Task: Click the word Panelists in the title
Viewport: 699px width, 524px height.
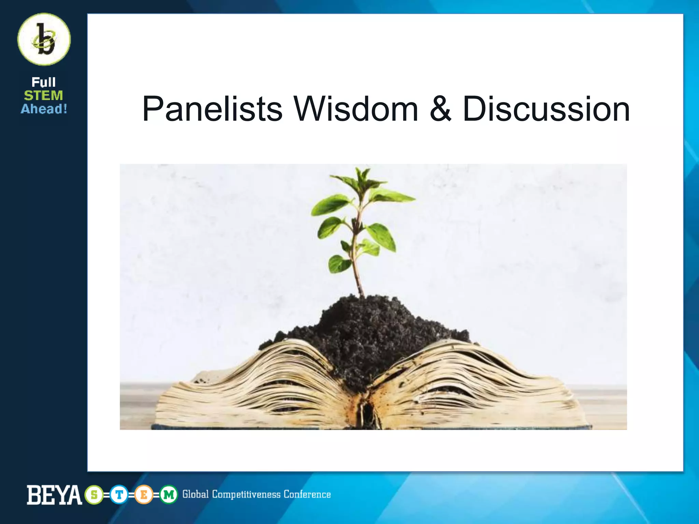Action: click(x=212, y=109)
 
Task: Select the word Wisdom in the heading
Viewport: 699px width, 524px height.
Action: click(x=356, y=109)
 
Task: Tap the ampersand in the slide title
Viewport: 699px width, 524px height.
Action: click(x=440, y=109)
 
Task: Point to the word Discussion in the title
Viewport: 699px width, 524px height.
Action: click(x=546, y=109)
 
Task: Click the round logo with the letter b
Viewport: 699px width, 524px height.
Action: click(x=44, y=39)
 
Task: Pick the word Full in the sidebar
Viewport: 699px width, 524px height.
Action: click(x=44, y=82)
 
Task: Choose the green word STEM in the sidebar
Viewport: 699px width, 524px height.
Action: click(x=44, y=96)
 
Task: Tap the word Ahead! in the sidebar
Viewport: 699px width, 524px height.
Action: click(x=44, y=109)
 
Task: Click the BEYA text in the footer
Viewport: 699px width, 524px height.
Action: click(x=54, y=495)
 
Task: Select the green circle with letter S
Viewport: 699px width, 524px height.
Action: click(x=94, y=495)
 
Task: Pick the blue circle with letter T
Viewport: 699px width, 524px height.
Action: click(x=119, y=495)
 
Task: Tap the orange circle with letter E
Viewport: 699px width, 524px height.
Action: click(x=144, y=495)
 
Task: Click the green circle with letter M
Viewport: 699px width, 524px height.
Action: click(x=169, y=495)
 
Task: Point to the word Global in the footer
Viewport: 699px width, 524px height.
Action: click(x=195, y=494)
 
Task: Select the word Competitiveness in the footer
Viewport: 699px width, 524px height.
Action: click(x=246, y=494)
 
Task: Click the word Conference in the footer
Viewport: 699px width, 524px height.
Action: click(x=307, y=494)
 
